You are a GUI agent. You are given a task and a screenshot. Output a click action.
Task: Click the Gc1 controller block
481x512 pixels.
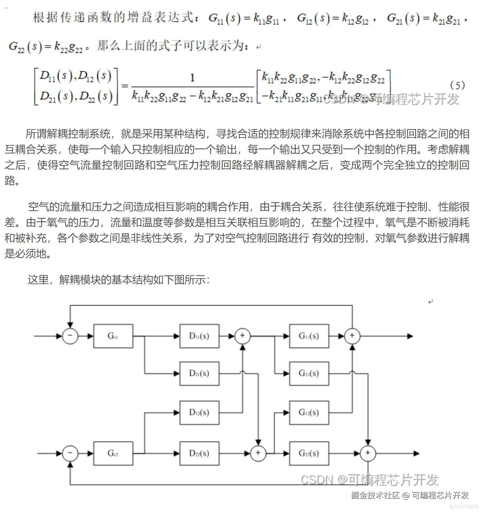(113, 336)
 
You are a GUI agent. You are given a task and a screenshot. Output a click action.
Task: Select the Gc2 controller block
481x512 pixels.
(113, 453)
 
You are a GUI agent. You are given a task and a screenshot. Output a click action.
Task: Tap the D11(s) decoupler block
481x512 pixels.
(199, 336)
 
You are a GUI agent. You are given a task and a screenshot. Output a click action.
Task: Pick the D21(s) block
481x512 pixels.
(199, 373)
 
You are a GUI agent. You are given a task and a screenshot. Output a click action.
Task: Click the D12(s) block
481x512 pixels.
(199, 413)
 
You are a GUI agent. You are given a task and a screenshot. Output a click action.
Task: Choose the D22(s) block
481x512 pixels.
(199, 453)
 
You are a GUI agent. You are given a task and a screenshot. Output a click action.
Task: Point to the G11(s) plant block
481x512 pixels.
(309, 336)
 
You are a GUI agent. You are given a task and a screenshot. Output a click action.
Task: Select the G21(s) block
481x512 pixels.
(309, 373)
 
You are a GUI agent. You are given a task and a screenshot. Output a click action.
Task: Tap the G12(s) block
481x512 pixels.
(309, 413)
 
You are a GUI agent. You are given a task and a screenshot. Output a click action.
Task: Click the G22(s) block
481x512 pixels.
(309, 453)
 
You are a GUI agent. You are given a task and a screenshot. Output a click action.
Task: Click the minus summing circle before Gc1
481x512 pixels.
(70, 336)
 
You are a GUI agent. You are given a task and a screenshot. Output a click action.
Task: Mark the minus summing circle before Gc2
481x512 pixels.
(70, 453)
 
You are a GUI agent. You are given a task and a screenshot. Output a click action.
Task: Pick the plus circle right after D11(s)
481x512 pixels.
(242, 336)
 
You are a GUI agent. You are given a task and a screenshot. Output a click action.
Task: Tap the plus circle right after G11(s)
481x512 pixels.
(352, 336)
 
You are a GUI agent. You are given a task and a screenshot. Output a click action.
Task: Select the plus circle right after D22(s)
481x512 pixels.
(258, 453)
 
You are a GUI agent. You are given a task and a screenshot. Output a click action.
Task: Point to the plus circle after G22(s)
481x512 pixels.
(368, 453)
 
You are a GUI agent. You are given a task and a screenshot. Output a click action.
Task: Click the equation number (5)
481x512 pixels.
(457, 86)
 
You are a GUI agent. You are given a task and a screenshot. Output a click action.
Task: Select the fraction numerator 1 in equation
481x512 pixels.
(192, 78)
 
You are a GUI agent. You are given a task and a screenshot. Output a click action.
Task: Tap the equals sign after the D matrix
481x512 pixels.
(125, 86)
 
